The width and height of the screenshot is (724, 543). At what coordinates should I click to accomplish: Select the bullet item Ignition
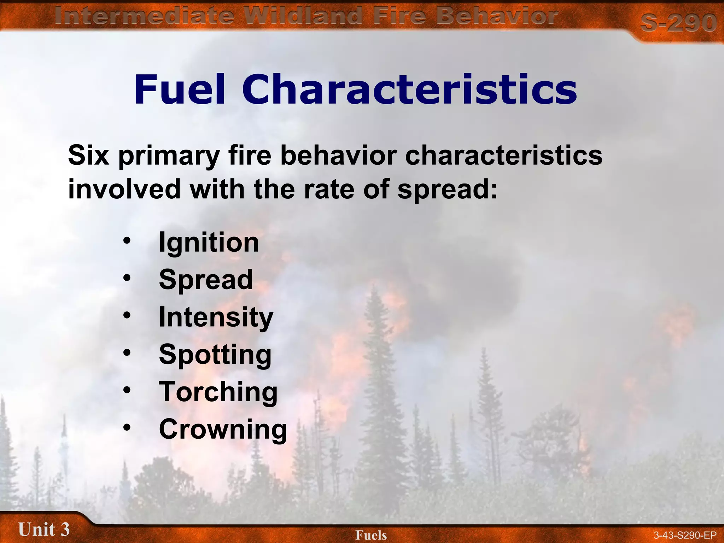pyautogui.click(x=209, y=243)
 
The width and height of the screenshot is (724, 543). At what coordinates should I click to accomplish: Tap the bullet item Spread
pyautogui.click(x=206, y=280)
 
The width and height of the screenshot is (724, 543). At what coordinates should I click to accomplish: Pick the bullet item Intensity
pyautogui.click(x=216, y=317)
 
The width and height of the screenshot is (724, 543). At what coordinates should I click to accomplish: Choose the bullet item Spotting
pyautogui.click(x=215, y=355)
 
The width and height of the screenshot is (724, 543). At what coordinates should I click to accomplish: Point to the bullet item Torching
pyautogui.click(x=218, y=392)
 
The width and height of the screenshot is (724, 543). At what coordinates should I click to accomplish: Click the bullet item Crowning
pyautogui.click(x=223, y=429)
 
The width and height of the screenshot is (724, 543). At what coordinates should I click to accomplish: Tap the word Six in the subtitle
pyautogui.click(x=88, y=155)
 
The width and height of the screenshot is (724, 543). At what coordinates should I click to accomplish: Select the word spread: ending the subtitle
pyautogui.click(x=447, y=189)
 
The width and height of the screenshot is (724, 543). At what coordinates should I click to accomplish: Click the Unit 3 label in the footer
pyautogui.click(x=44, y=530)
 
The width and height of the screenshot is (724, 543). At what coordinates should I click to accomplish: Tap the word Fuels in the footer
pyautogui.click(x=371, y=535)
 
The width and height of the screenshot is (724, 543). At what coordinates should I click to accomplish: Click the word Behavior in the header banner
pyautogui.click(x=497, y=16)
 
